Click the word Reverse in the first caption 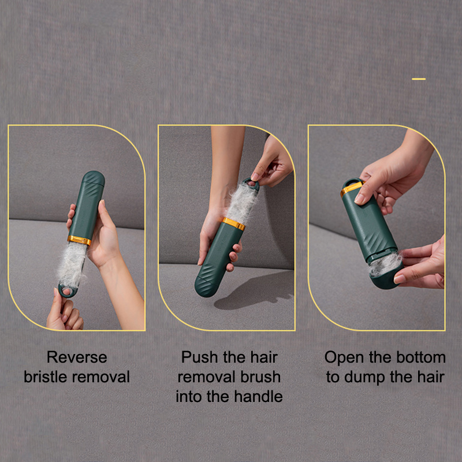click(x=77, y=357)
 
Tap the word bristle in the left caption click(x=46, y=377)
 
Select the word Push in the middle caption click(x=200, y=357)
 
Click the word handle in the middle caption click(x=258, y=396)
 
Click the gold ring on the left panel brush click(x=80, y=240)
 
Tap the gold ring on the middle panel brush click(x=234, y=223)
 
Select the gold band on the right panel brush click(x=352, y=188)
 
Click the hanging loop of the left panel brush click(x=67, y=291)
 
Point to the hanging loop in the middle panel click(x=251, y=184)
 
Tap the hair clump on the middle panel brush click(x=241, y=203)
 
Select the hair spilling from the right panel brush click(x=385, y=264)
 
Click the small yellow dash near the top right click(x=419, y=79)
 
